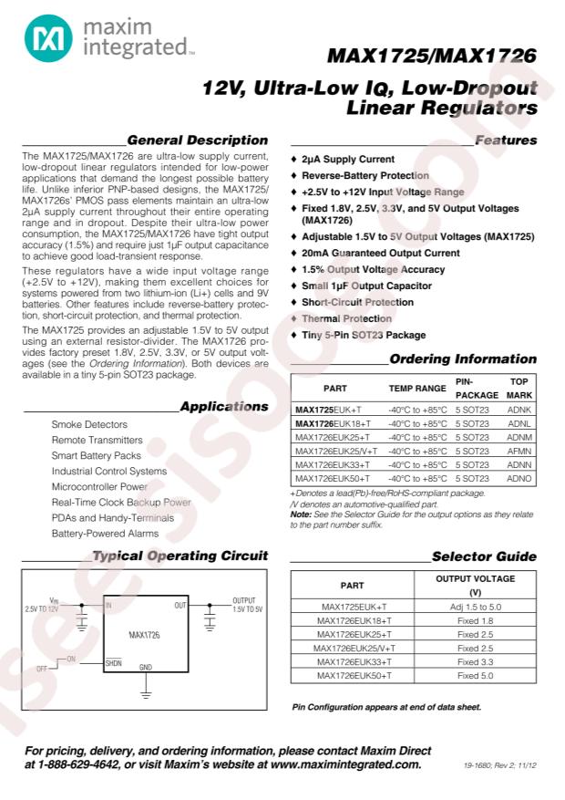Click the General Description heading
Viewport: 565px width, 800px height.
coord(198,140)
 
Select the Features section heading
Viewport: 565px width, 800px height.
coord(506,140)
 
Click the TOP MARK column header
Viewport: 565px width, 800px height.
coord(519,387)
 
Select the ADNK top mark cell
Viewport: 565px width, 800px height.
coord(519,410)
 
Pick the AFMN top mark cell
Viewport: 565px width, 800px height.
coord(519,451)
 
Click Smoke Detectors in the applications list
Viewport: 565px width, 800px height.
coord(89,425)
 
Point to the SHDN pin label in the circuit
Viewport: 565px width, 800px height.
coord(113,663)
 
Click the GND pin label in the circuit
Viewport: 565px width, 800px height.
coord(146,667)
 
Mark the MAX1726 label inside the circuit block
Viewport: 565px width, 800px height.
coord(144,633)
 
